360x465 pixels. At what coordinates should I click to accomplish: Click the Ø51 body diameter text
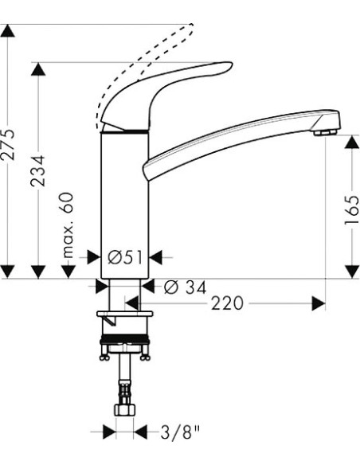[124, 256]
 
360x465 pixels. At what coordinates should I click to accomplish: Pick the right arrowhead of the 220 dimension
[319, 303]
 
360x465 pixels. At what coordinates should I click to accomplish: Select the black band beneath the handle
[125, 131]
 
